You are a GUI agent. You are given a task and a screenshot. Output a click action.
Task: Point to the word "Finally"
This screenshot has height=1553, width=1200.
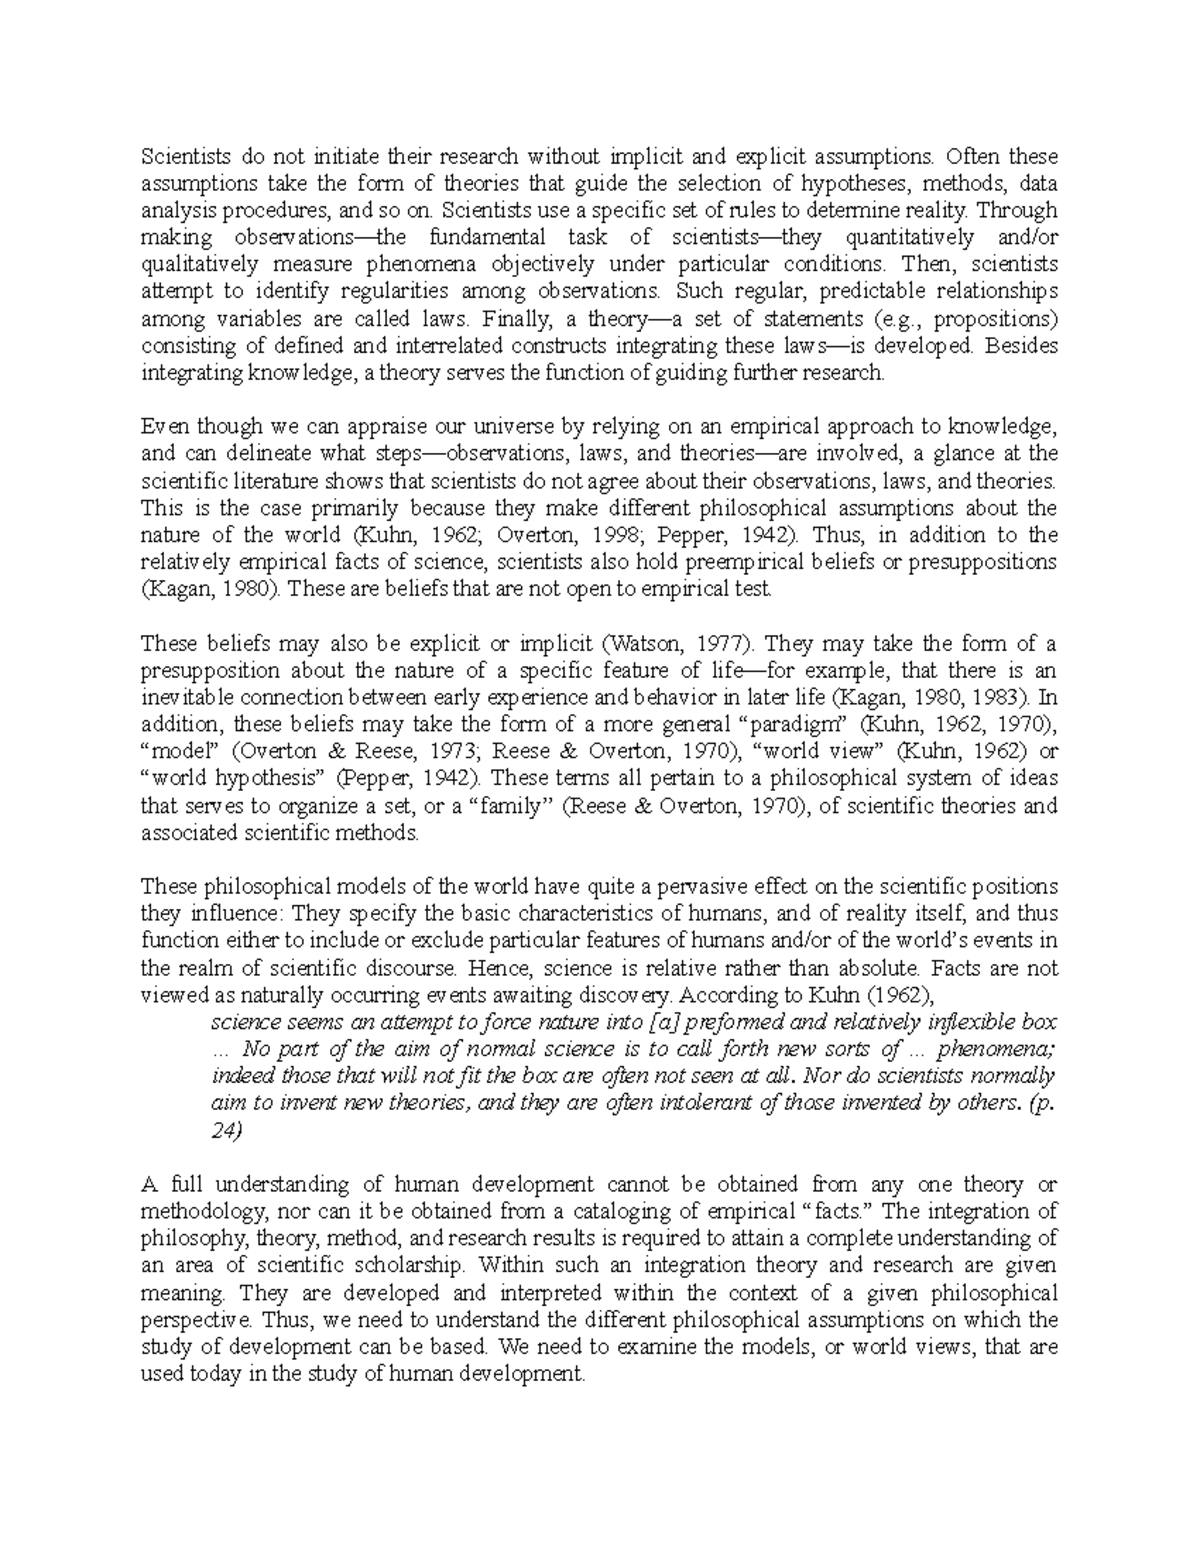coord(512,319)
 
